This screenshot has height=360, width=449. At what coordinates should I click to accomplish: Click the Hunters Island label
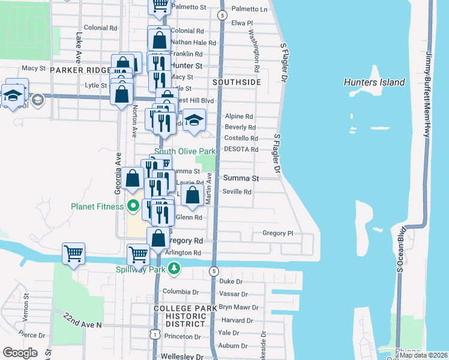[x=374, y=82]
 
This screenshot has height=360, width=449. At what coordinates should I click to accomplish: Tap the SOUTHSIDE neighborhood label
[x=237, y=82]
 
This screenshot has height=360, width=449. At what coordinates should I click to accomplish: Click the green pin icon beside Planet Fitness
[x=133, y=206]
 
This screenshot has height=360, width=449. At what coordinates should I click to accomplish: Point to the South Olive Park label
[x=184, y=152]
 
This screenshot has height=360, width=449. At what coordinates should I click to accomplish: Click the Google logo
[x=20, y=352]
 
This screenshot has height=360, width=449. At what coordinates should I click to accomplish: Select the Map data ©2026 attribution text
[x=424, y=355]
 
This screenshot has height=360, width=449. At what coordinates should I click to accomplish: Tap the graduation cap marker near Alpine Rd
[x=194, y=121]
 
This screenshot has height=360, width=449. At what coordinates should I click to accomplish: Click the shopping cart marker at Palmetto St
[x=160, y=5]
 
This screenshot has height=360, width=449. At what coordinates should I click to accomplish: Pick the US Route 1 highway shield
[x=155, y=332]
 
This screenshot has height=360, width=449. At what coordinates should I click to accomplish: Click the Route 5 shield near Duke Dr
[x=214, y=272]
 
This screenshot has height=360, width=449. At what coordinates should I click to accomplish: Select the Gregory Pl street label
[x=277, y=233]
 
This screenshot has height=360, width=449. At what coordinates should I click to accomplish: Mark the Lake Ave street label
[x=79, y=48]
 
